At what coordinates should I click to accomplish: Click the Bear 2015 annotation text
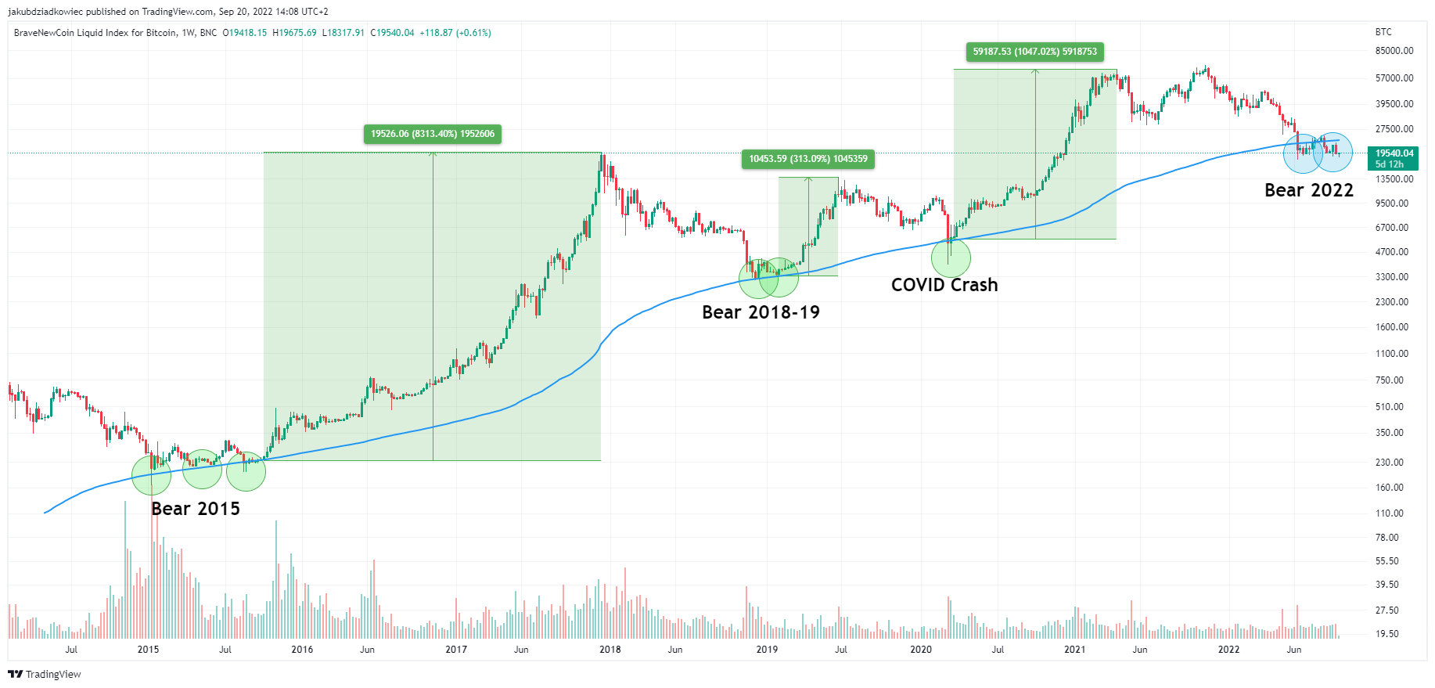point(196,509)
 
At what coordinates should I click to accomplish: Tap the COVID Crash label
point(944,285)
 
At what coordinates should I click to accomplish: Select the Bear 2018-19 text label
point(761,312)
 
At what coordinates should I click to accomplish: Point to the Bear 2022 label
point(1308,190)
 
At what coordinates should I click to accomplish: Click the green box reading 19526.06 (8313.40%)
point(433,134)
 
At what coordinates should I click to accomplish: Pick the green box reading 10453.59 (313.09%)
point(807,159)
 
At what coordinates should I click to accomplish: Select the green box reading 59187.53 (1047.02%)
point(1034,52)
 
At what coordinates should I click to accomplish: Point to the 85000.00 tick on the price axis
point(1394,51)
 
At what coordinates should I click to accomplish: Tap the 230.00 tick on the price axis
point(1390,463)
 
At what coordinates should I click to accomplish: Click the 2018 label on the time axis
point(610,650)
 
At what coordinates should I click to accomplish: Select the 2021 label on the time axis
point(1074,650)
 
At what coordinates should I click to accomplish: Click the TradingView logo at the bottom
point(45,674)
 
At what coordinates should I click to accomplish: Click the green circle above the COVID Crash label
point(951,257)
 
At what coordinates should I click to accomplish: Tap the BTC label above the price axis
point(1383,32)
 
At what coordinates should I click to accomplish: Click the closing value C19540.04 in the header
point(392,33)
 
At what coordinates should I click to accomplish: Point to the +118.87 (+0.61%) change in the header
point(455,33)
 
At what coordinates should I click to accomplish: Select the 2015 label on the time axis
point(148,650)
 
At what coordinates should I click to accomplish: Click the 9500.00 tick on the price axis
point(1391,204)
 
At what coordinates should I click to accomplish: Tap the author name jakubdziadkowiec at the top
point(45,12)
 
